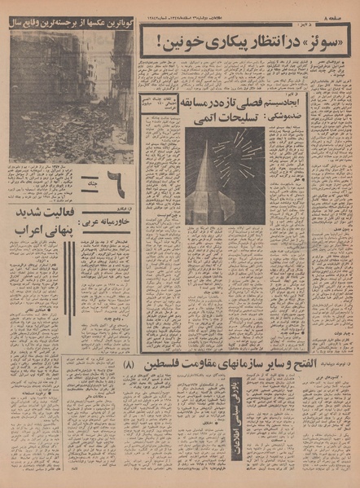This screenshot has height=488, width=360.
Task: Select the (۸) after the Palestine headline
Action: [x=133, y=342]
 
